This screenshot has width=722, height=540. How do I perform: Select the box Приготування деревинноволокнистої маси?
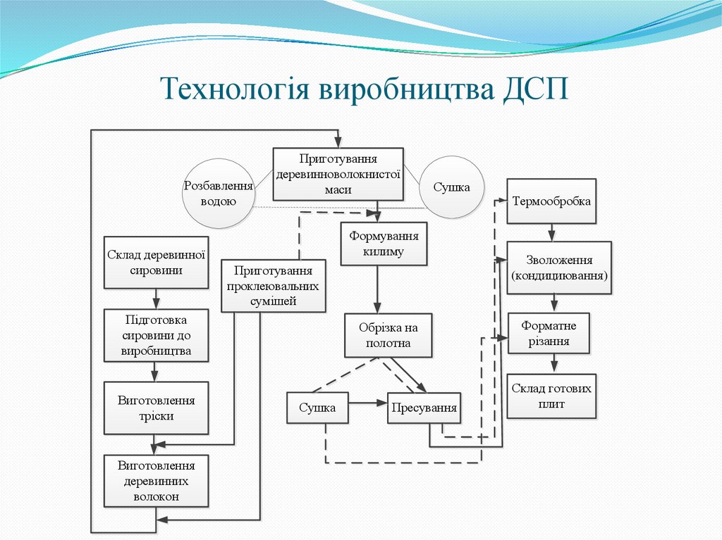click(338, 173)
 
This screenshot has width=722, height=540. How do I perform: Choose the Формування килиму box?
click(384, 244)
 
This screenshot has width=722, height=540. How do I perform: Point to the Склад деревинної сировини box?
click(156, 262)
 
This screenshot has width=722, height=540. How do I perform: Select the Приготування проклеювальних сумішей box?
click(274, 286)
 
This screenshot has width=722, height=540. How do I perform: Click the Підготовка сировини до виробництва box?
click(156, 335)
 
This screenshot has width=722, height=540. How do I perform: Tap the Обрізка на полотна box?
click(388, 336)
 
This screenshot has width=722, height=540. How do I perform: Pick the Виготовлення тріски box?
click(156, 408)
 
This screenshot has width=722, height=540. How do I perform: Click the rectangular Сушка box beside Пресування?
click(317, 408)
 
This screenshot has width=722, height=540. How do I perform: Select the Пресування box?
click(423, 408)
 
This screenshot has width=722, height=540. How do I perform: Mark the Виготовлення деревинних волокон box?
click(156, 481)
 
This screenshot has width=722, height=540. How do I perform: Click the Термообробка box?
click(551, 201)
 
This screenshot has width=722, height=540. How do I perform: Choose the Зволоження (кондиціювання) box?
click(559, 268)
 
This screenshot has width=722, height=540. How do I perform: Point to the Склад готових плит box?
click(551, 396)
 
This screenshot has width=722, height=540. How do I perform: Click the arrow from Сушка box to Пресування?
click(367, 403)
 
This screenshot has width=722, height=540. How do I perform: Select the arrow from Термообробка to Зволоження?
click(552, 232)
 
